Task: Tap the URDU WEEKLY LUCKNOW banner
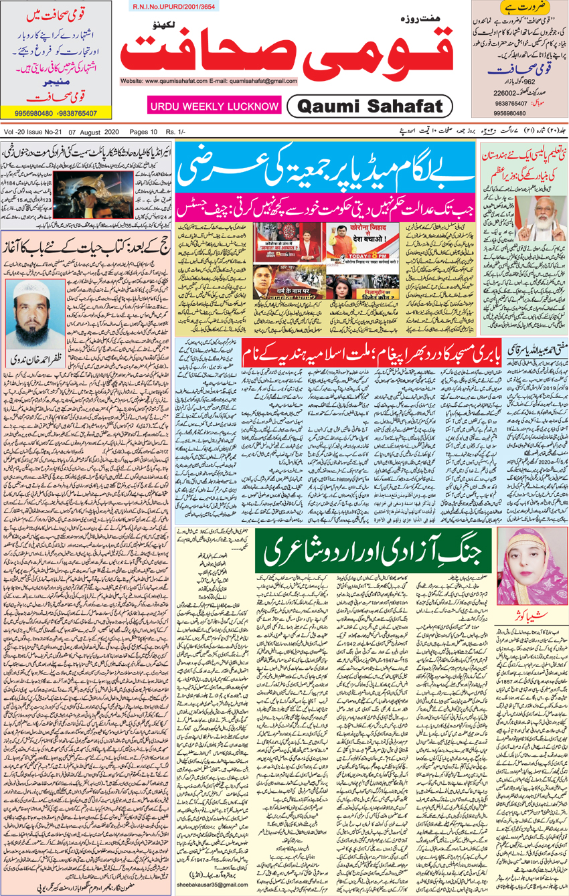point(214,106)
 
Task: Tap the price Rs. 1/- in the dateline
point(175,132)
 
